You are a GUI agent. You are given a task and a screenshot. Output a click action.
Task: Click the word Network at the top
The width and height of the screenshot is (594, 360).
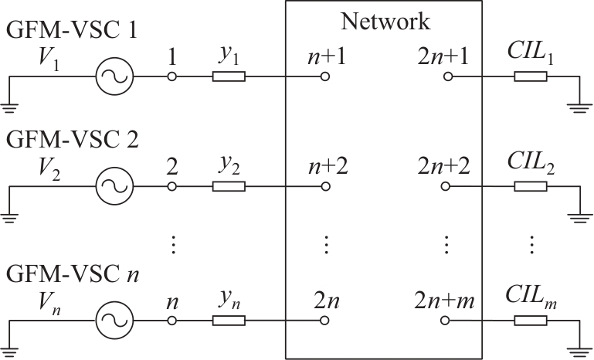[385, 22]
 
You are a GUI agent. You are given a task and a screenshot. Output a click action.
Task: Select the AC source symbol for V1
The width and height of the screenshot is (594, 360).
[114, 76]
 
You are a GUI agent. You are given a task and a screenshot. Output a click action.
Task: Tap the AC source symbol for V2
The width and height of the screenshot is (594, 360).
[114, 186]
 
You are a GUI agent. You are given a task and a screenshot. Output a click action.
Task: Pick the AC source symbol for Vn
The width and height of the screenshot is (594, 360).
[114, 318]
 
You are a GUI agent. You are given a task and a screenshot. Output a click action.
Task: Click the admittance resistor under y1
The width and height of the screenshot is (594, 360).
[229, 76]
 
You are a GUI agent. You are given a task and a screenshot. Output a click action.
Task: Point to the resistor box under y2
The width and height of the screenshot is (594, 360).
[229, 186]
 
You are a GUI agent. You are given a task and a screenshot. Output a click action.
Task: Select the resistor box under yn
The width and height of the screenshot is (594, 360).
[229, 318]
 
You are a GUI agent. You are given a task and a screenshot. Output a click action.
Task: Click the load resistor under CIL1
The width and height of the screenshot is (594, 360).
[531, 76]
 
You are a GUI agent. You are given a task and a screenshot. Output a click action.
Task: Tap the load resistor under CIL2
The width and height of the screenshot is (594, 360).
[531, 186]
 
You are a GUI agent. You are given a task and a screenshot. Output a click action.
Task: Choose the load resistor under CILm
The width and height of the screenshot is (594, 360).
[531, 318]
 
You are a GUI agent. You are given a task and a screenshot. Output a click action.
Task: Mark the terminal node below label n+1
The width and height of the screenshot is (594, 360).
[325, 76]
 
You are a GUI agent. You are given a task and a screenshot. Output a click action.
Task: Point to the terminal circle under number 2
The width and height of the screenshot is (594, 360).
[172, 186]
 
